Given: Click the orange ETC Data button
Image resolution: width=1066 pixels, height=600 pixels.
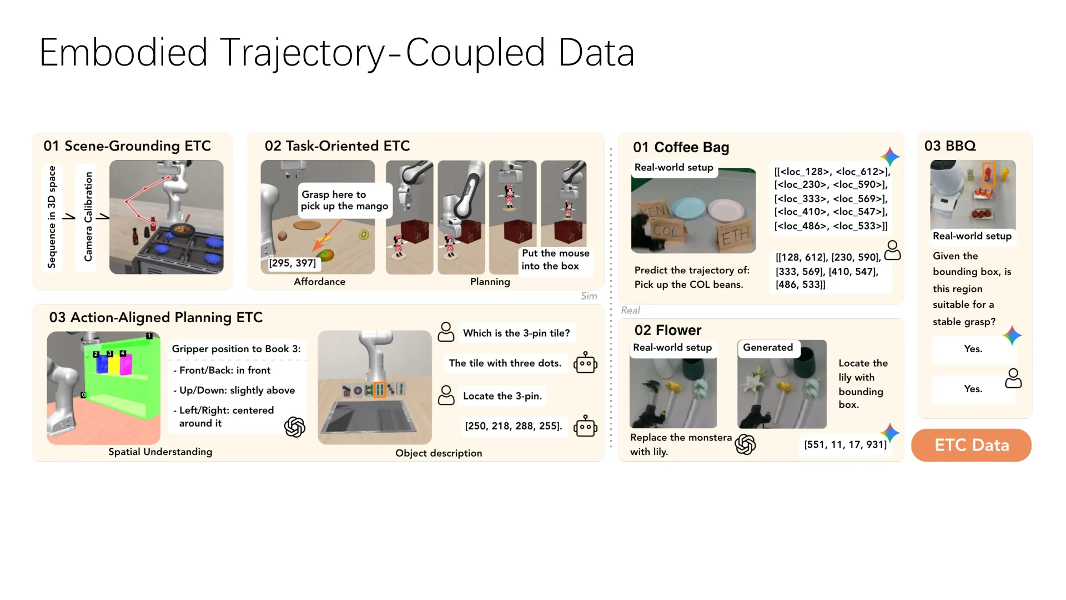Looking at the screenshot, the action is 971,445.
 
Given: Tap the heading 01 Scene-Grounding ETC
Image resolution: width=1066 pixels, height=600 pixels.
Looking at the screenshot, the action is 127,146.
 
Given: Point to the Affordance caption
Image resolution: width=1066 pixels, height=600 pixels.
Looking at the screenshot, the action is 319,282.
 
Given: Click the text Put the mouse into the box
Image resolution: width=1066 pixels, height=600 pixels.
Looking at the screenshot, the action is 555,259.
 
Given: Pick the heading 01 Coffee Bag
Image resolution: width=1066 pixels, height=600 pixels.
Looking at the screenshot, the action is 681,147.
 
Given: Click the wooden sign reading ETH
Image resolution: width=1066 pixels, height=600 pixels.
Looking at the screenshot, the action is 735,236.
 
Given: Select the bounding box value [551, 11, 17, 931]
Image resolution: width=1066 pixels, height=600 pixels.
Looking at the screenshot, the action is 845,444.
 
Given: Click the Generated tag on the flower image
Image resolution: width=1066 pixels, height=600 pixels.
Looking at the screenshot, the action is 768,348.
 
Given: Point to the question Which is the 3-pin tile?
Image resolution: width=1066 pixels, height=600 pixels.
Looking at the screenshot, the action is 516,333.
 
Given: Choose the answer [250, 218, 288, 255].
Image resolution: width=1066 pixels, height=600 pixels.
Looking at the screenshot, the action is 514,426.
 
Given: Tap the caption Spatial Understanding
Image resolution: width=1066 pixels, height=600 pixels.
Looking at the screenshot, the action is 160,452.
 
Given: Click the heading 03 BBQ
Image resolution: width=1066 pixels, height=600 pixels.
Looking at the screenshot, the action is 950,146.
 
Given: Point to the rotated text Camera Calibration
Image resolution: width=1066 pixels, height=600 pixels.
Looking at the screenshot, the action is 88,217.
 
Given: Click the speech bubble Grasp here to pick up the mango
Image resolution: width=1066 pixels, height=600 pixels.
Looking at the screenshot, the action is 345,200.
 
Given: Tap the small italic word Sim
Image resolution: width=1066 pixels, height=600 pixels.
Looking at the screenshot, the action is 589,296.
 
